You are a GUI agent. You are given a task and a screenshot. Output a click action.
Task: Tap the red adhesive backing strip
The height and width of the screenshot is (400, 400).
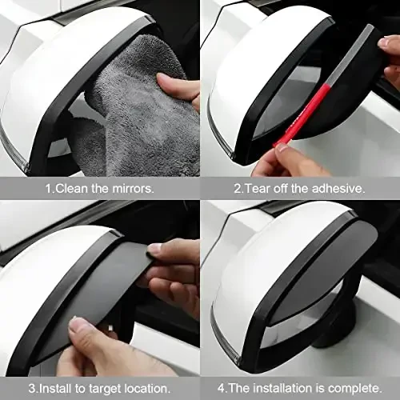(300, 117)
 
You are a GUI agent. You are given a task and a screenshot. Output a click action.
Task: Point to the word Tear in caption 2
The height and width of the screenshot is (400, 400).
(258, 189)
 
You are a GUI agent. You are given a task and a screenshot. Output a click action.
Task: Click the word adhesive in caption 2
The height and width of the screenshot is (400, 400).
(338, 189)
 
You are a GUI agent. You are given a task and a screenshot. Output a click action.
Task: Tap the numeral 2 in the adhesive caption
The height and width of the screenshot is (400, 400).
(238, 189)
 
